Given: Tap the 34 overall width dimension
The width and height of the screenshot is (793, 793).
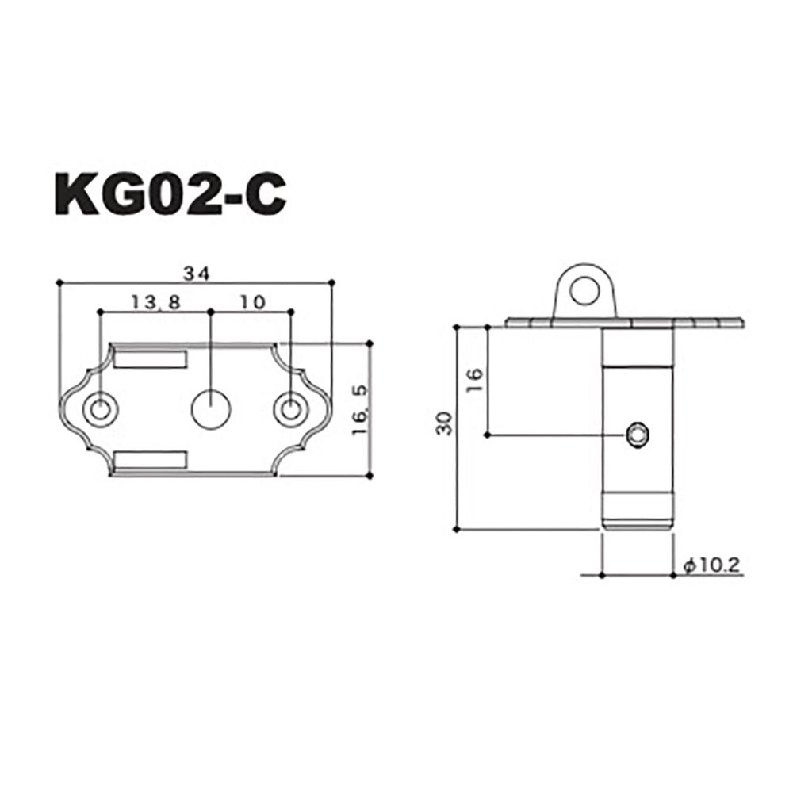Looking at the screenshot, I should point(195,274).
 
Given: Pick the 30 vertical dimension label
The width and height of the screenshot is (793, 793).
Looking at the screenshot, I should point(446,423).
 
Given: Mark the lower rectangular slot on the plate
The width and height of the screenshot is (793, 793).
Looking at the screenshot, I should point(151,459).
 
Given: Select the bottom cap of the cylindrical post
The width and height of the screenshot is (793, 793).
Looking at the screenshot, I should point(638,519).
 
